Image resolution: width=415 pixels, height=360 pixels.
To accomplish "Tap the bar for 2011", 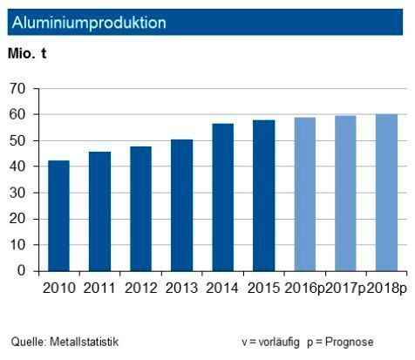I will click(100, 211).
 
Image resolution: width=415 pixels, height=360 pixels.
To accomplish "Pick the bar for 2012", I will click(141, 208).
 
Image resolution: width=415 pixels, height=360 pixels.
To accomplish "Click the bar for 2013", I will click(182, 205).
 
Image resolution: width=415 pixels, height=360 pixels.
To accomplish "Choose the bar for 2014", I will click(223, 197).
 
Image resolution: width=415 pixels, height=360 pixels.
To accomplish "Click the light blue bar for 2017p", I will click(346, 193).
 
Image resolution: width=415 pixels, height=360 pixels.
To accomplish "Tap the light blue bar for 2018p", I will click(386, 192).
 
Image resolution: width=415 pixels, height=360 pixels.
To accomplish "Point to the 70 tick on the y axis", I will click(18, 89).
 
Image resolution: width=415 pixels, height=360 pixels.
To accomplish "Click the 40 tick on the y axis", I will click(18, 166).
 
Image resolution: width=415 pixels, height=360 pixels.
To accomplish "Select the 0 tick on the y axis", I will click(22, 271).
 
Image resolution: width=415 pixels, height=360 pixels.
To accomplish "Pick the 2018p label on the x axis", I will click(386, 288).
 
